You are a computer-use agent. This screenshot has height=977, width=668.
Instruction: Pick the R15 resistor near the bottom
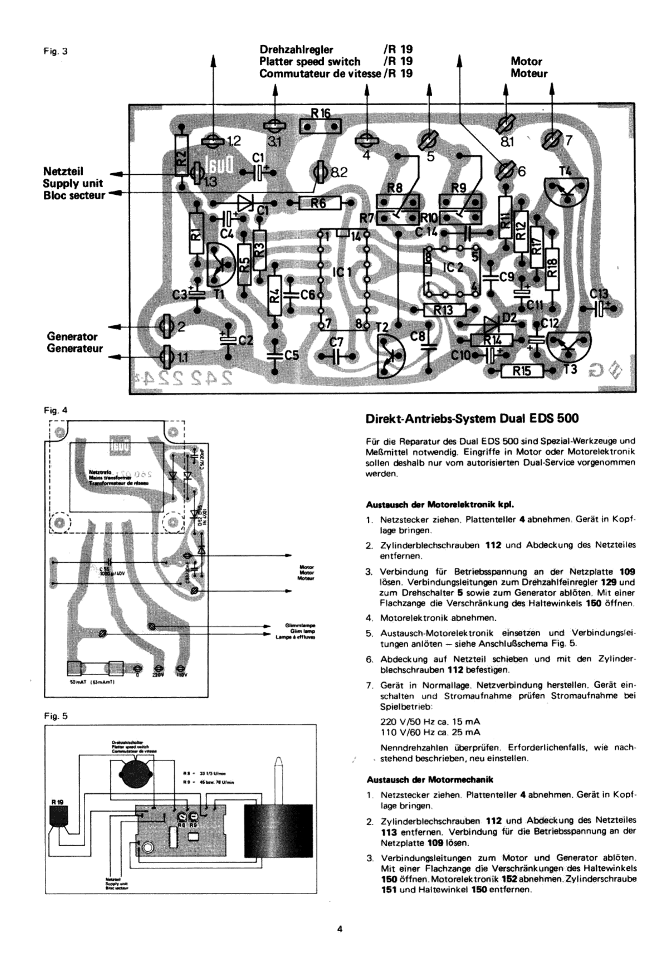pos(522,371)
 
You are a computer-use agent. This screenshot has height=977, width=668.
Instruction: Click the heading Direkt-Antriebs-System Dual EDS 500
pos(472,419)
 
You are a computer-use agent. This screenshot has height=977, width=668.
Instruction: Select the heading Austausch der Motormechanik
pos(430,780)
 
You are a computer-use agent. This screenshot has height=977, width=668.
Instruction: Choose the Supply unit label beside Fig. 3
pos(73,183)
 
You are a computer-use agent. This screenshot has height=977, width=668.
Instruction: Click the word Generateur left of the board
pos(75,348)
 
